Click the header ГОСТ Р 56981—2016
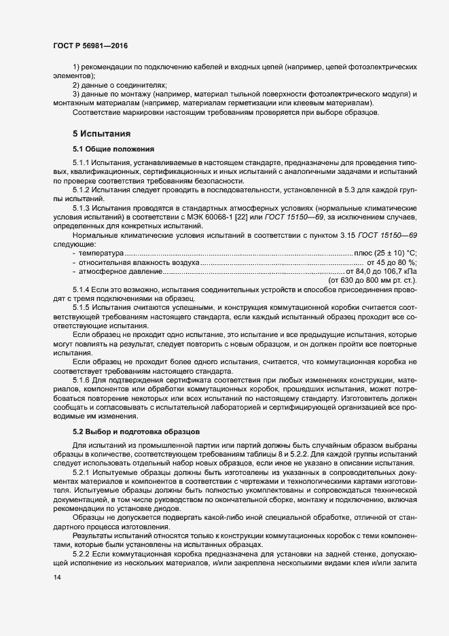[90, 46]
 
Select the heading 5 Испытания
[102, 133]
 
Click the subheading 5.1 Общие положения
[114, 149]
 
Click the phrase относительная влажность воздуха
[139, 262]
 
